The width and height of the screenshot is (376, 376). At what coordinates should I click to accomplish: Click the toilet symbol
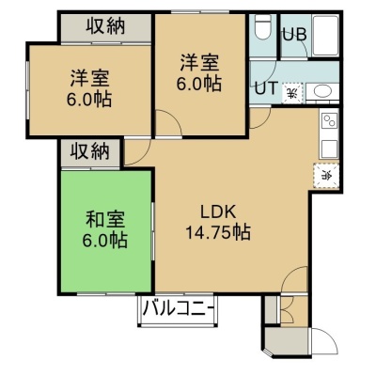point(262,26)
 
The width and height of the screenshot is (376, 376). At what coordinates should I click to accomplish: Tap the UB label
point(294,35)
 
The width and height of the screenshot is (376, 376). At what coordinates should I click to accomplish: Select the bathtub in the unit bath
point(325,35)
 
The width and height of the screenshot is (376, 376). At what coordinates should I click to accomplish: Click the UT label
point(266,88)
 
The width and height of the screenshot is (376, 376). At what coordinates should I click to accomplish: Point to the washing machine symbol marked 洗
point(292,93)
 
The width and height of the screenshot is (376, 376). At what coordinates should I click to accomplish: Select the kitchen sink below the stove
point(329,149)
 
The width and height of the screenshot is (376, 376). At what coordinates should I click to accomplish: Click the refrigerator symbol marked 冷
point(326,176)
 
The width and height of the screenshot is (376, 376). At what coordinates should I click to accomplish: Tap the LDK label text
point(218,212)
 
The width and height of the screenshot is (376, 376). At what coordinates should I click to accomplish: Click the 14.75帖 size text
point(218,232)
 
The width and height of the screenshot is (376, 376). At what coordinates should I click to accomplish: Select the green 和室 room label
point(105,219)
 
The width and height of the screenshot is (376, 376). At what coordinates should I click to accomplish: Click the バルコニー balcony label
point(178,308)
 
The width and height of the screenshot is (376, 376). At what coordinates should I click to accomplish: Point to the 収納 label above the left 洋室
point(106,26)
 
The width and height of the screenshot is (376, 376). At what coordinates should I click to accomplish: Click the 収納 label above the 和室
point(89,152)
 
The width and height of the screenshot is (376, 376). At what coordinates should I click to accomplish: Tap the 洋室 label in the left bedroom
point(89,78)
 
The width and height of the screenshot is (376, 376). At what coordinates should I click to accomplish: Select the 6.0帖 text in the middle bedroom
point(199,84)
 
